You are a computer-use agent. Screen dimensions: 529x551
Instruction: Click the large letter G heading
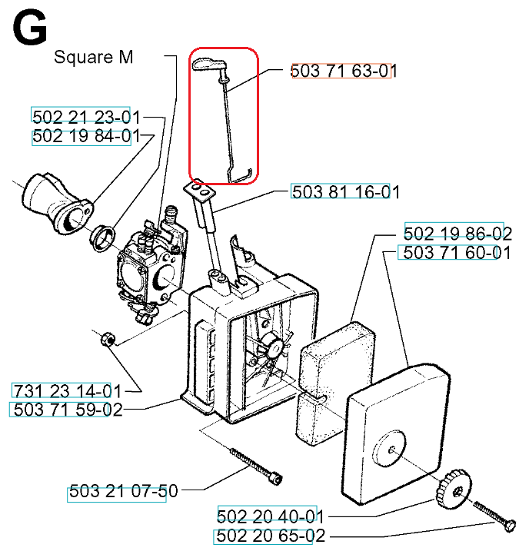click(30, 28)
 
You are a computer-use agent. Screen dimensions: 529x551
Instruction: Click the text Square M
click(94, 57)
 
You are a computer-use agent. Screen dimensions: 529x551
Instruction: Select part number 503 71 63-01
click(344, 71)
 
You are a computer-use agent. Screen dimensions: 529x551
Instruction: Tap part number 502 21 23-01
click(86, 117)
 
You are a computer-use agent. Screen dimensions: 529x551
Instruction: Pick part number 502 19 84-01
click(86, 136)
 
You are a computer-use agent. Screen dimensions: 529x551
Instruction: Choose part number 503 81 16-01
click(346, 192)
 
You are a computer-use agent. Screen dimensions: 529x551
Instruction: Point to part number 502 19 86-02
click(457, 234)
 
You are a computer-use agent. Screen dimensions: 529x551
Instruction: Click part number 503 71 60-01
click(457, 253)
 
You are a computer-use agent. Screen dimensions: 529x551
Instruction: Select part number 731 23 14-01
click(67, 390)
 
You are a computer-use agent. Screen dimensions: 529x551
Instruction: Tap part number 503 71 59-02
click(68, 410)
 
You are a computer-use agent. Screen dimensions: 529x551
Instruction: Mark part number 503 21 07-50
click(123, 491)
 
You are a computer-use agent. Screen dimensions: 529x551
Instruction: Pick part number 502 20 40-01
click(271, 516)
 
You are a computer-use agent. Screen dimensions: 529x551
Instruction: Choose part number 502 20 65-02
click(271, 536)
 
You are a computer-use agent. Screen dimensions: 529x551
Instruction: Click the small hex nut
click(108, 339)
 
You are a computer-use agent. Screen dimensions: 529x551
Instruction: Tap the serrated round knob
click(454, 489)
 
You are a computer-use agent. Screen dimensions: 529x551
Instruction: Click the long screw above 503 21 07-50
click(256, 466)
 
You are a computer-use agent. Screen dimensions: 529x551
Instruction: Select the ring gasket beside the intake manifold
click(102, 237)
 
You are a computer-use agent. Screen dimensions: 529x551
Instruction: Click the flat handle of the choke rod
click(209, 65)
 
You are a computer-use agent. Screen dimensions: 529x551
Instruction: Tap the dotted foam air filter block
click(334, 383)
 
